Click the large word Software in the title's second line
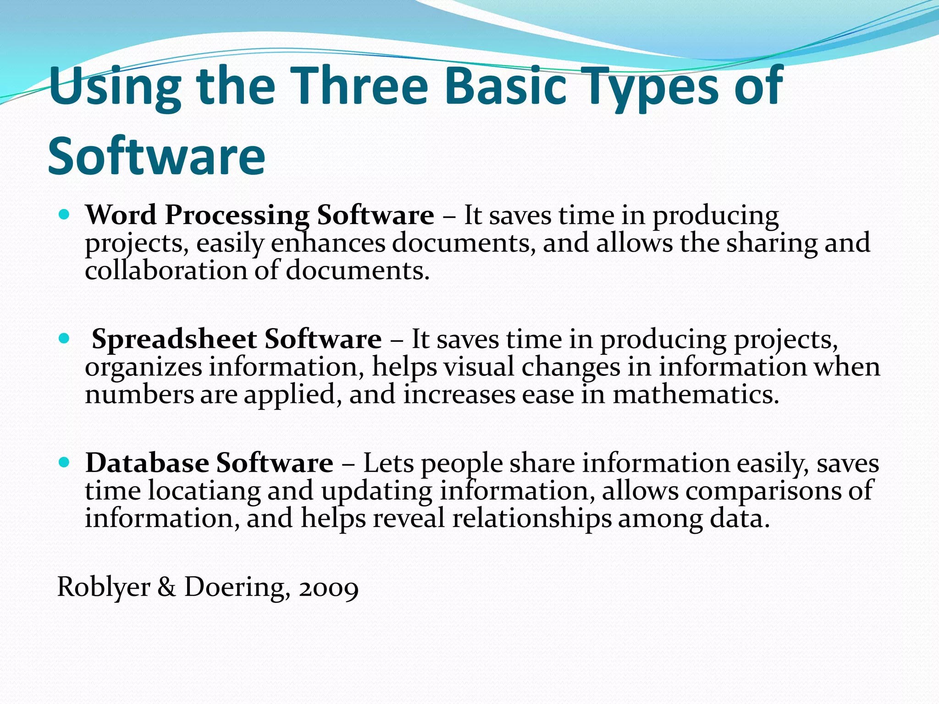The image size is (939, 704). (x=156, y=156)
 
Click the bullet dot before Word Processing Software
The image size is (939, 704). (x=64, y=214)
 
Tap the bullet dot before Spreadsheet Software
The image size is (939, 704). (x=64, y=339)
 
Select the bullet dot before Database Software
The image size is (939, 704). (x=64, y=462)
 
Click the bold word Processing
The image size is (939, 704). (x=237, y=216)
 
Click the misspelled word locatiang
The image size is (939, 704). (x=204, y=491)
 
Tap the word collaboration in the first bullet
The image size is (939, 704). (x=166, y=270)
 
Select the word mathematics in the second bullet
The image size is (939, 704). (x=696, y=395)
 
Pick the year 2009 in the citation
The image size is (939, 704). (x=328, y=588)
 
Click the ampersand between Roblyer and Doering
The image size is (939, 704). (x=166, y=587)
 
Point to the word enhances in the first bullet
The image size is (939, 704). (x=328, y=243)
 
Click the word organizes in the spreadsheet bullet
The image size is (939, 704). (x=143, y=368)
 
